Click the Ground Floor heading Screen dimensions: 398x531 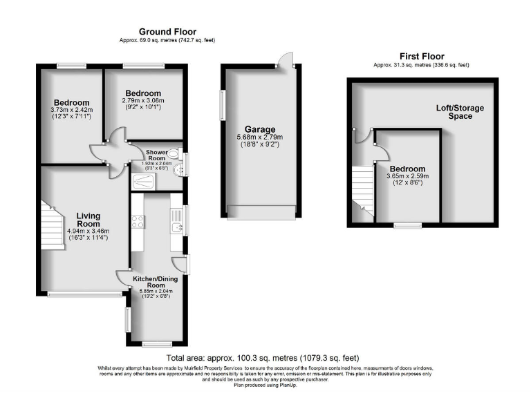(x=167, y=32)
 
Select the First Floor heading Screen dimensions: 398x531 (x=421, y=57)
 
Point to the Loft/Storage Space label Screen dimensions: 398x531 (x=459, y=112)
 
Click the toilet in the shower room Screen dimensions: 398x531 (x=174, y=153)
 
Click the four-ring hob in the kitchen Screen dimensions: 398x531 (x=138, y=222)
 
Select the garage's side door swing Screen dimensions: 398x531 (x=286, y=60)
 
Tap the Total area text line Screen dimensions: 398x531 (x=263, y=358)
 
